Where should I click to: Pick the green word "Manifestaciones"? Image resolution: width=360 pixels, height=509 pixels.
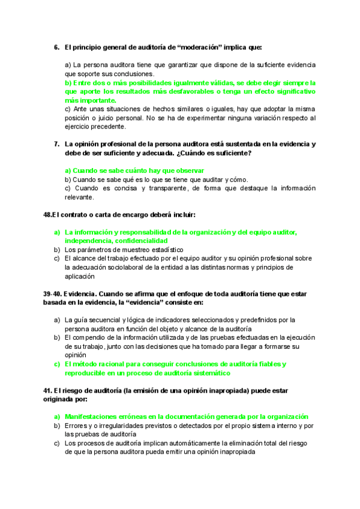(x=95, y=416)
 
